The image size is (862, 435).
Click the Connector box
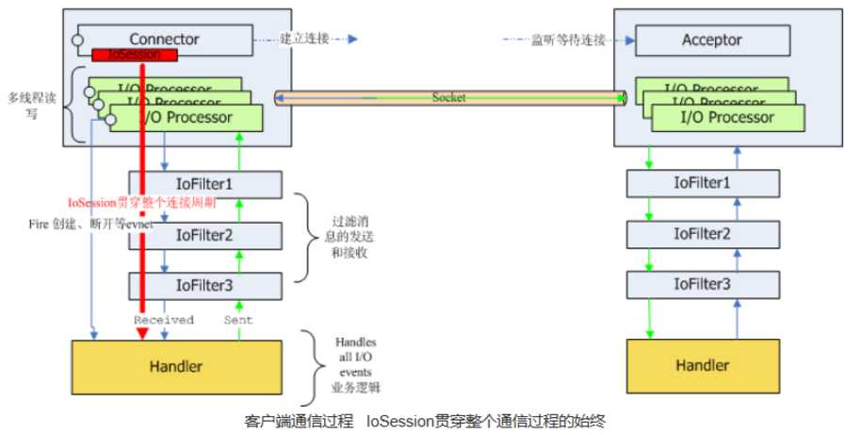[165, 40]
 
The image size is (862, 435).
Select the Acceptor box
[711, 41]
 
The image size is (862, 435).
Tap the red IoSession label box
[135, 56]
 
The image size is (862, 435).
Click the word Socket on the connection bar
[449, 97]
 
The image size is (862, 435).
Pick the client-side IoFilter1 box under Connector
[203, 183]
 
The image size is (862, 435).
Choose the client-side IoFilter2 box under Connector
[203, 234]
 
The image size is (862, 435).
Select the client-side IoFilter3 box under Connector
[203, 284]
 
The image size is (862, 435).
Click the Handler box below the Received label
[177, 365]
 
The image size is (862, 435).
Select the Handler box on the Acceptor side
[702, 365]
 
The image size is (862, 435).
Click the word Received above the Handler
[163, 320]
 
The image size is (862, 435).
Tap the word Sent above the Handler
[238, 320]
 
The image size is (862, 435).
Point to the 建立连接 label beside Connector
[303, 40]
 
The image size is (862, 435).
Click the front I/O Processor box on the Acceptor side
[727, 118]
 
